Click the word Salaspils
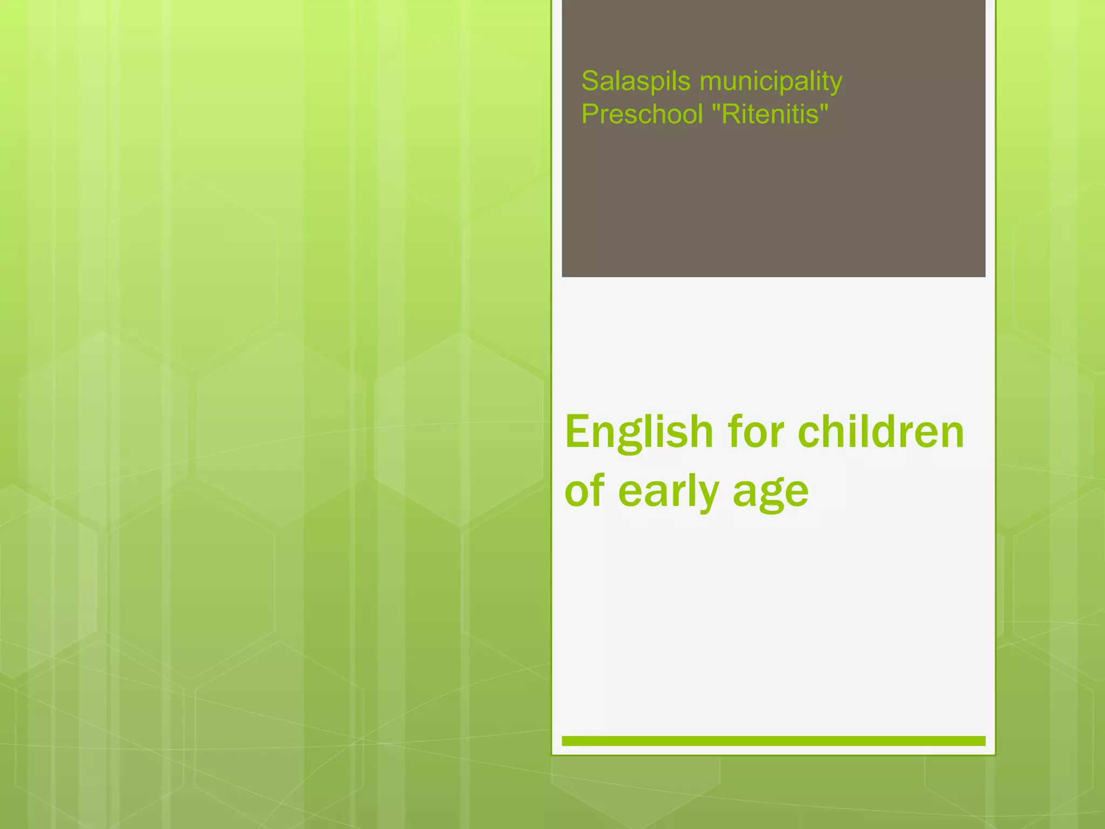(636, 81)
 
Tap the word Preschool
(642, 114)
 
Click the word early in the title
(669, 492)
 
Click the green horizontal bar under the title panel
(773, 740)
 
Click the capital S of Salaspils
(590, 81)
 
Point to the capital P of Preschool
(589, 114)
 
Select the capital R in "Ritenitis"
(729, 114)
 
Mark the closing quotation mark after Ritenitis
(823, 106)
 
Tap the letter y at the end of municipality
(835, 85)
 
